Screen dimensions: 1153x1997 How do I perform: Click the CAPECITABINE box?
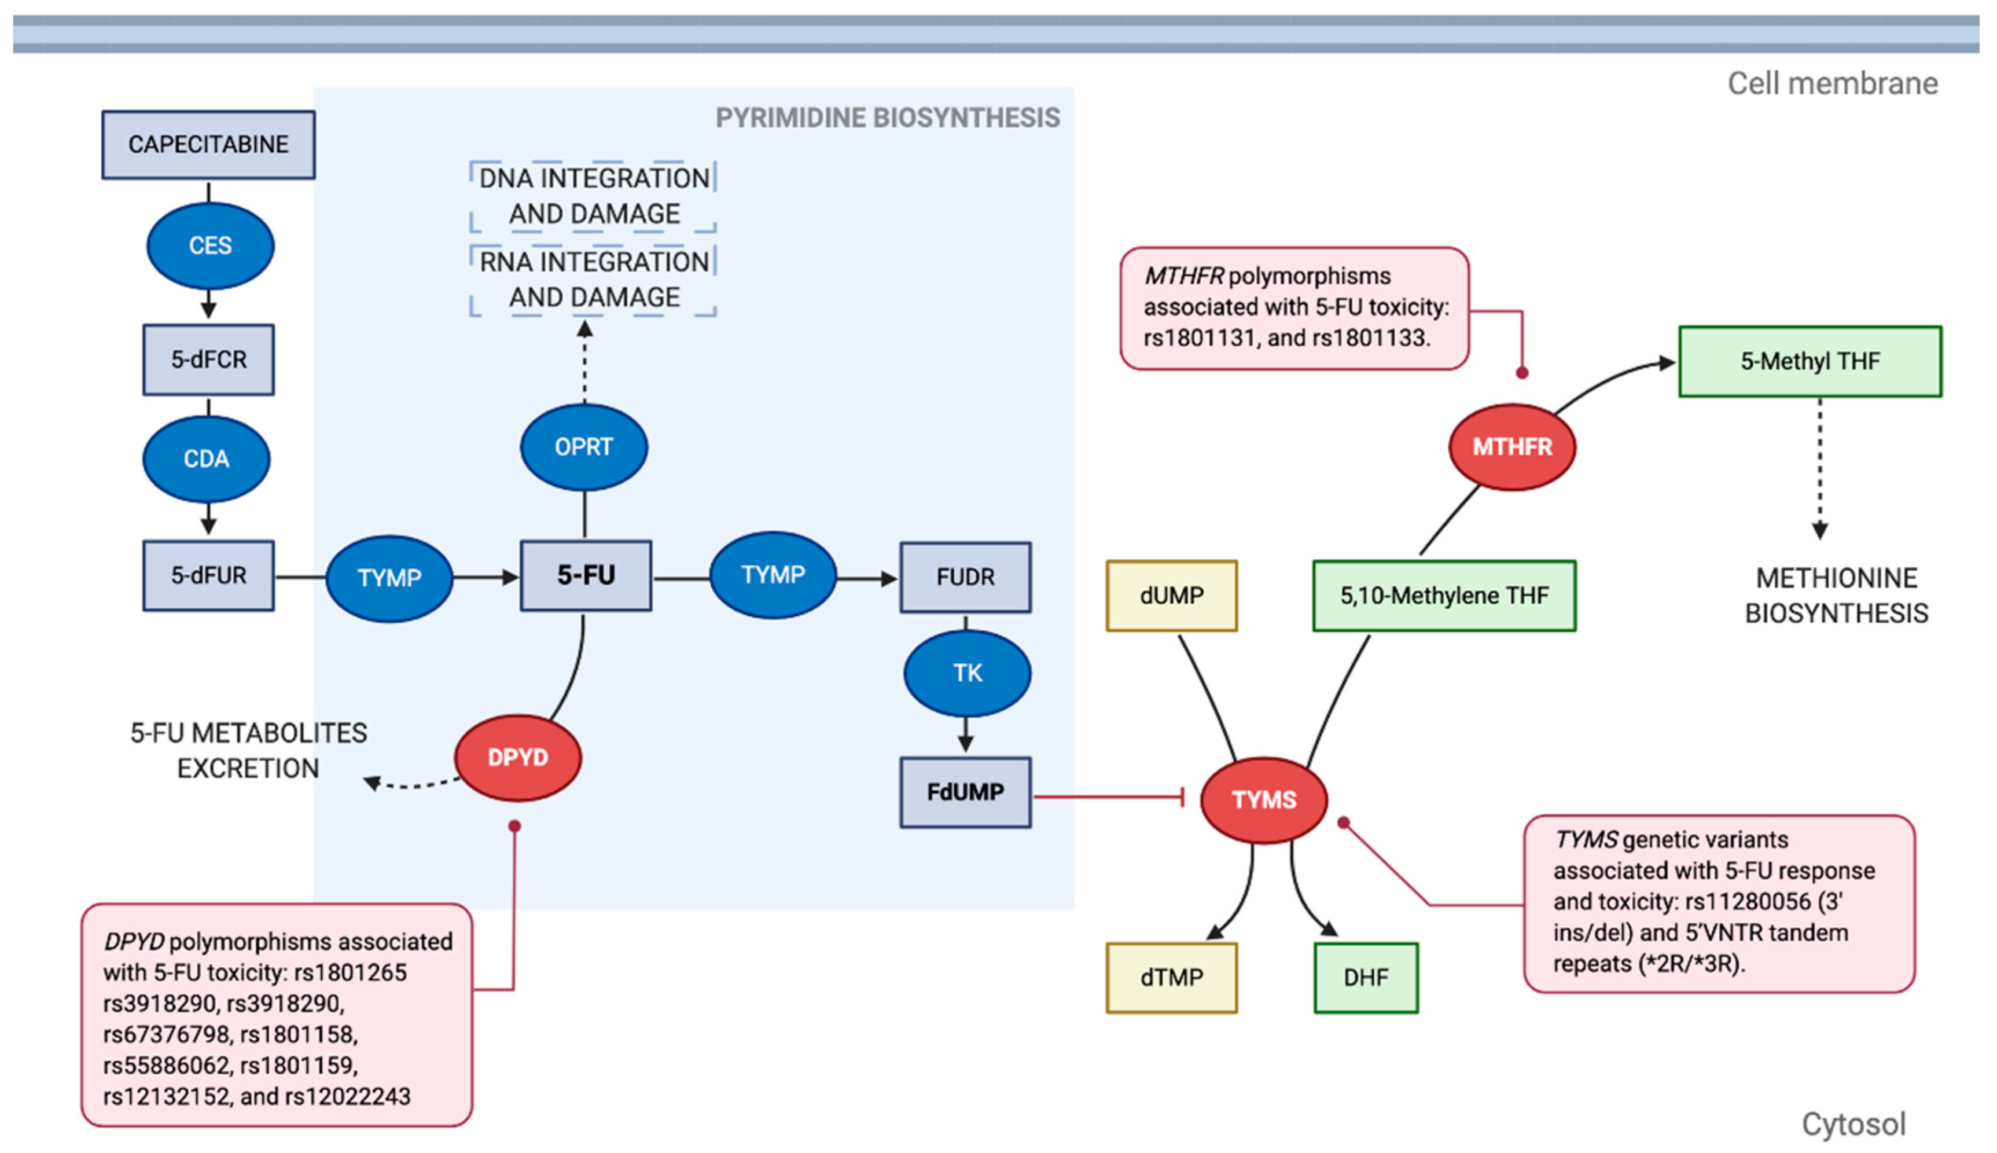(x=208, y=144)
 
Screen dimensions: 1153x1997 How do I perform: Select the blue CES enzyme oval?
(x=209, y=245)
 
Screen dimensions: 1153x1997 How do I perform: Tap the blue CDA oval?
(x=207, y=458)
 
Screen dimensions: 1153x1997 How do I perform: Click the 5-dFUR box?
(x=208, y=575)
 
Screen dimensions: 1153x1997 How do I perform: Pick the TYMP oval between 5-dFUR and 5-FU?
(x=389, y=578)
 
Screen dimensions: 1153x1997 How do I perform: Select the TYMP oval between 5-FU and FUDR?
(x=773, y=575)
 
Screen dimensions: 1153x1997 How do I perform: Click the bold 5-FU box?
(x=586, y=575)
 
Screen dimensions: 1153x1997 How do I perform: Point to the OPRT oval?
(x=583, y=447)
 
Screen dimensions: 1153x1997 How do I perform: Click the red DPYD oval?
(x=518, y=758)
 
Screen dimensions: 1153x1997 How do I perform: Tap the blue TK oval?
(x=966, y=673)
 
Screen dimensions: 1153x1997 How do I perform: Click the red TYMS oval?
(x=1263, y=800)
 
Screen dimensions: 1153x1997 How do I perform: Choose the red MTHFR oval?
(x=1512, y=447)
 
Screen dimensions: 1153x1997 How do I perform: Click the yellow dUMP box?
(x=1171, y=596)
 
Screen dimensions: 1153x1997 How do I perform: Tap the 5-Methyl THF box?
(x=1810, y=361)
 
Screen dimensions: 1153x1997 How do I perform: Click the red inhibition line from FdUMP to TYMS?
(x=1108, y=796)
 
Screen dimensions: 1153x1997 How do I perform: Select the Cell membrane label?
(x=1831, y=83)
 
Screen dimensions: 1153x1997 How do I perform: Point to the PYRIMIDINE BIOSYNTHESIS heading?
(x=887, y=118)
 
